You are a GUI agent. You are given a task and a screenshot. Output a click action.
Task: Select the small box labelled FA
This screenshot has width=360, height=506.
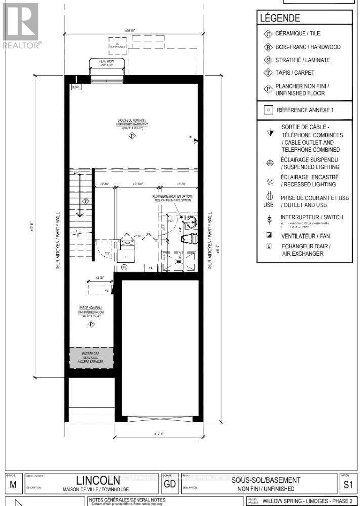(x=150, y=267)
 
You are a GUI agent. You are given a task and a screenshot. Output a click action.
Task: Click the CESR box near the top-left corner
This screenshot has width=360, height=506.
(x=76, y=87)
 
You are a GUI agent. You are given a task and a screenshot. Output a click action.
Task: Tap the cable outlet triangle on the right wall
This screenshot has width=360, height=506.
(x=195, y=142)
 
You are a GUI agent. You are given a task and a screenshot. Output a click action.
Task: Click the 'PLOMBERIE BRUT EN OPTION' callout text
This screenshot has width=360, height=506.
(x=172, y=197)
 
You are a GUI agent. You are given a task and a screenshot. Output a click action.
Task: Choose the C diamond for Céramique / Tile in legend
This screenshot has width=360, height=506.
(x=268, y=34)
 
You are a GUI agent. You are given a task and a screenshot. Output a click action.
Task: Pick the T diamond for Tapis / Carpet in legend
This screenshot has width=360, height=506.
(x=268, y=73)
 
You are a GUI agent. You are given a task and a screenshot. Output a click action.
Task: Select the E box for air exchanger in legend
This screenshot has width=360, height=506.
(x=269, y=246)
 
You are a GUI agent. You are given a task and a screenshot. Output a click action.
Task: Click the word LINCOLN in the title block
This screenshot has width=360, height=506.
(x=98, y=479)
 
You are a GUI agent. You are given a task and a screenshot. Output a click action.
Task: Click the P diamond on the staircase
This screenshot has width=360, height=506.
(x=86, y=201)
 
